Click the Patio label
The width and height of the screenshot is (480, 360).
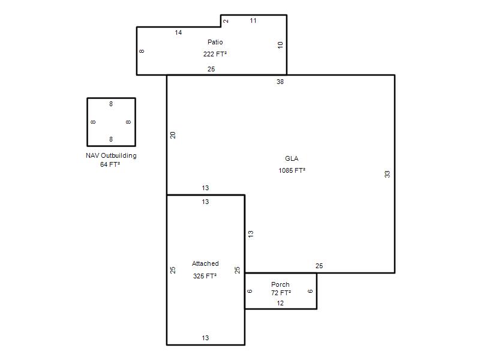[215, 42]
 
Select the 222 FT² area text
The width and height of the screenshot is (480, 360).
[215, 54]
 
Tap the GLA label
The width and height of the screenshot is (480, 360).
[292, 158]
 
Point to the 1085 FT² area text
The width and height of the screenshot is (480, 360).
[292, 170]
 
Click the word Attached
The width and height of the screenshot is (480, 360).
[205, 263]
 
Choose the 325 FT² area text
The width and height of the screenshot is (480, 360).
[205, 276]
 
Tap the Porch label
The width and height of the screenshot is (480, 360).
[280, 284]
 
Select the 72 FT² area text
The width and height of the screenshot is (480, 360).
[281, 293]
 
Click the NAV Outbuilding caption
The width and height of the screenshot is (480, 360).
[111, 155]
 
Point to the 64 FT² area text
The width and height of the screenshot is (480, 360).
[110, 164]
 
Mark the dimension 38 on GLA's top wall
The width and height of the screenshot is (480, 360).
[280, 82]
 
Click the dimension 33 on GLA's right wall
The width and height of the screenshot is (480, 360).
[387, 174]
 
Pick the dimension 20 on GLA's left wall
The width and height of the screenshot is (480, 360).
[173, 135]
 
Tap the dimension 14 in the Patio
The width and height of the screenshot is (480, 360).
[178, 32]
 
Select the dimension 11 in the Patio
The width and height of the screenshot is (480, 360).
[253, 20]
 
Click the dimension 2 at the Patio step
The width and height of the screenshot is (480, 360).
[226, 21]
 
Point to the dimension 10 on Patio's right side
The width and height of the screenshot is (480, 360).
[280, 45]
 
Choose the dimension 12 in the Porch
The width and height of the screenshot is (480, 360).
[280, 303]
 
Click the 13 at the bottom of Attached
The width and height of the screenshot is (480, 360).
[205, 338]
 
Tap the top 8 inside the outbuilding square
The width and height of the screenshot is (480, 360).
[111, 104]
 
